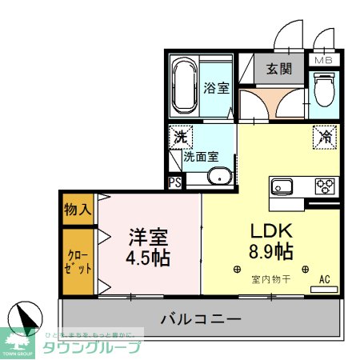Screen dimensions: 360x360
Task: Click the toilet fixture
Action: [325, 90]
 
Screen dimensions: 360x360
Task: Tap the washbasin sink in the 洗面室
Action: [218, 176]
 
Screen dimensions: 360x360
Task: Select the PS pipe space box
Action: [175, 182]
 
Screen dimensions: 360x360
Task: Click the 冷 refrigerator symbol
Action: [325, 137]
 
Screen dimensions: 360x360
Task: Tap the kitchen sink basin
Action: [284, 187]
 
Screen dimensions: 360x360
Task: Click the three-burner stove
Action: [324, 186]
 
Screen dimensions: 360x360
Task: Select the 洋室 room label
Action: [149, 238]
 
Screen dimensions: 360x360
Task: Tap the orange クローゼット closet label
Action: [78, 262]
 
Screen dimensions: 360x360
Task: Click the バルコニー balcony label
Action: [201, 319]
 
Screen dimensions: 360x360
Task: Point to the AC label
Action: [325, 279]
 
